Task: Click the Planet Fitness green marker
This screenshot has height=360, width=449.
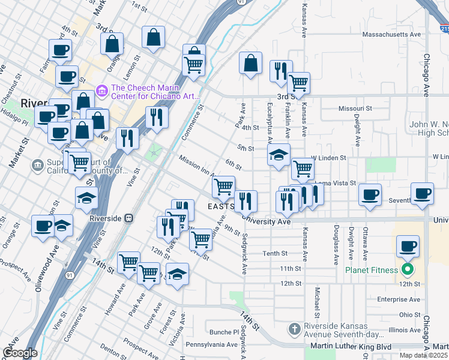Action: pyautogui.click(x=408, y=269)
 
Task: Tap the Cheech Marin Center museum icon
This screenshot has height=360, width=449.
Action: pyautogui.click(x=101, y=91)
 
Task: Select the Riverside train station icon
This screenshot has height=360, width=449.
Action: pyautogui.click(x=128, y=218)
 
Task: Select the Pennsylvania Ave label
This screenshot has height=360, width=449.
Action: pyautogui.click(x=211, y=344)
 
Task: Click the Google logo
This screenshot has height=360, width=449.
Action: pyautogui.click(x=20, y=353)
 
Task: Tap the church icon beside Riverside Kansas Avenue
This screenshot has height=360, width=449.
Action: pyautogui.click(x=294, y=329)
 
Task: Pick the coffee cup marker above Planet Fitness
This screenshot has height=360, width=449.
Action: pyautogui.click(x=408, y=245)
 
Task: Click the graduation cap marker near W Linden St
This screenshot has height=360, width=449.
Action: pyautogui.click(x=279, y=155)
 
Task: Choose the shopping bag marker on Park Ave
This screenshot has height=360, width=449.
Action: pyautogui.click(x=250, y=62)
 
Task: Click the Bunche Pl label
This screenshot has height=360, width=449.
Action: pyautogui.click(x=224, y=332)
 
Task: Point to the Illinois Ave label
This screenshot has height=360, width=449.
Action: pyautogui.click(x=404, y=330)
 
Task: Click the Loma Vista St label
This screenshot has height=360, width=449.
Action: pyautogui.click(x=336, y=182)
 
